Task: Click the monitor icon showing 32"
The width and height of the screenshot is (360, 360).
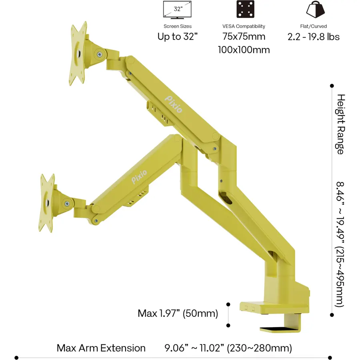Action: click(177, 10)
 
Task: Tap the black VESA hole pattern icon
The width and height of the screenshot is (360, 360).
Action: click(246, 9)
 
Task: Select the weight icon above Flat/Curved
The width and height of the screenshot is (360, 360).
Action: click(316, 9)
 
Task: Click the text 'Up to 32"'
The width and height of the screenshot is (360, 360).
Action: click(178, 36)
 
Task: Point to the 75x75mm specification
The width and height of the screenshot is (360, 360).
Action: click(244, 36)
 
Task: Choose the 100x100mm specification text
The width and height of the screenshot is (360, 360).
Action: click(244, 50)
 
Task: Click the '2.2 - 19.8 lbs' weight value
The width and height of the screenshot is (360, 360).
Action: click(314, 37)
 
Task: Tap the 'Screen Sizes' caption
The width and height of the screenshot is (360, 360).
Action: click(178, 26)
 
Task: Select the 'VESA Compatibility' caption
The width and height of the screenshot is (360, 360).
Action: click(244, 26)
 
